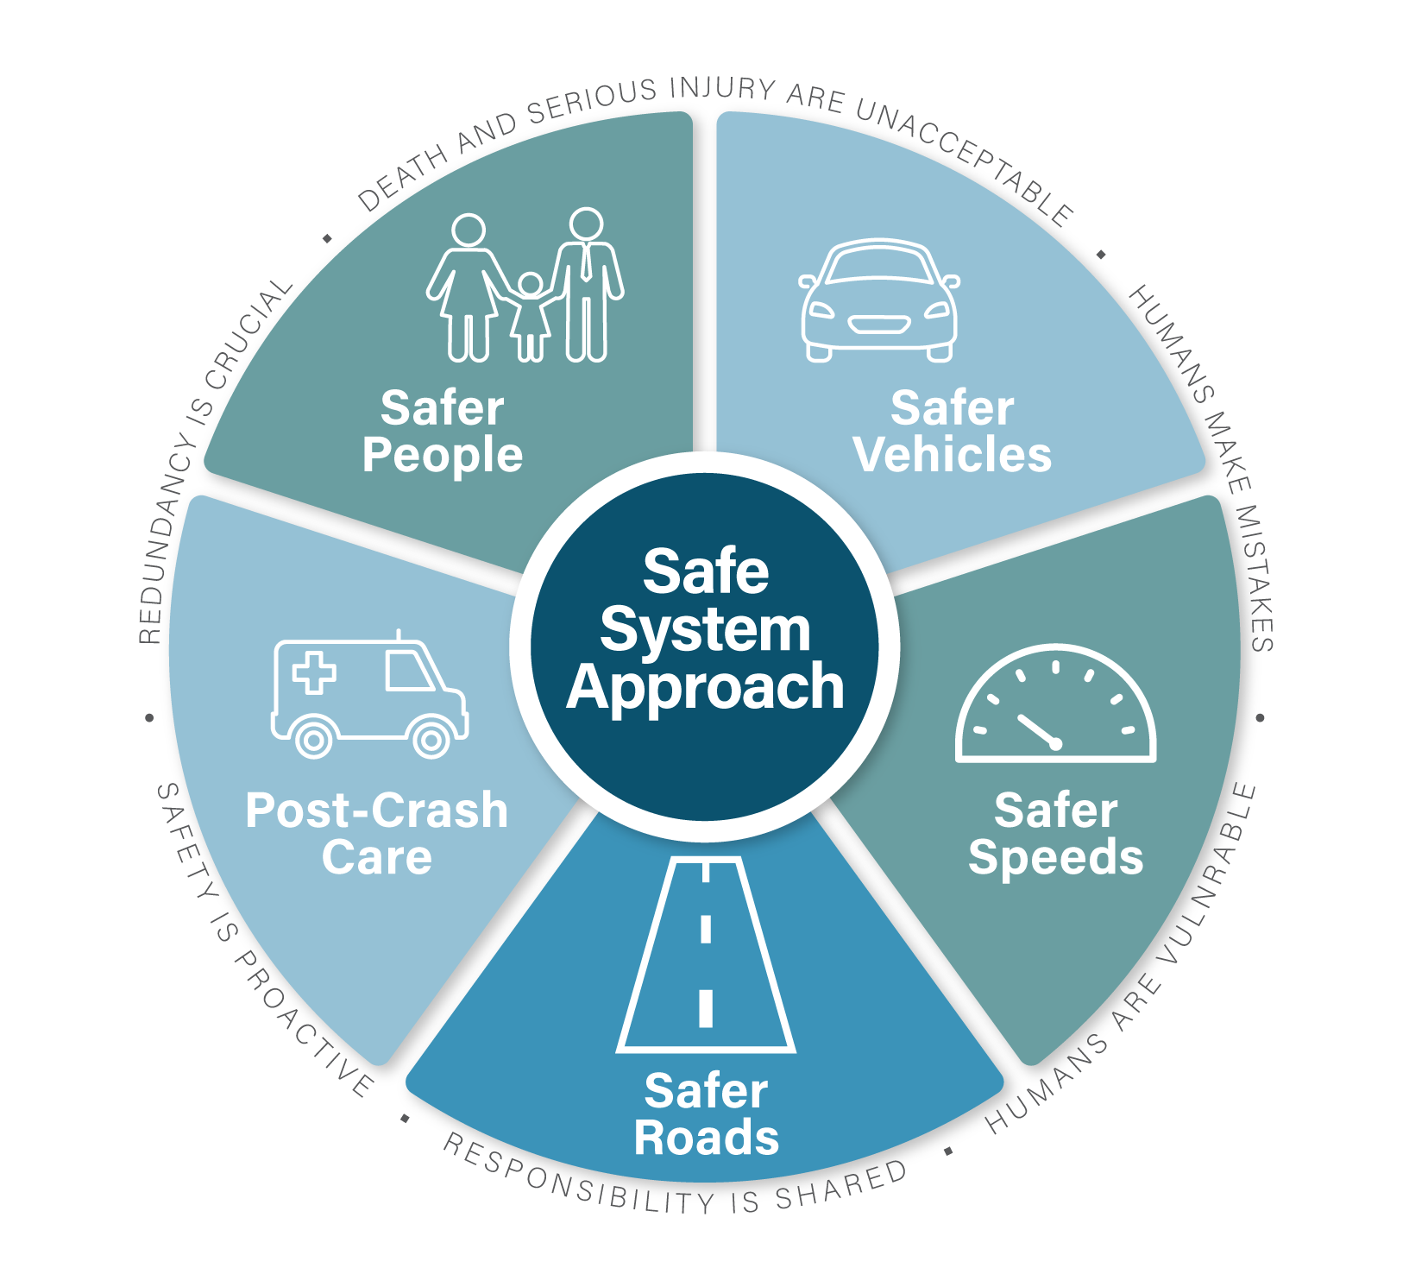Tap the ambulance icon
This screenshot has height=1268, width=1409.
[x=369, y=696]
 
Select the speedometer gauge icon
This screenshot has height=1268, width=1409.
[x=1055, y=704]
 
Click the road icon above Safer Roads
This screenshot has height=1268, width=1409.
[x=706, y=955]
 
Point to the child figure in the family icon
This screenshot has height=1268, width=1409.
[x=530, y=316]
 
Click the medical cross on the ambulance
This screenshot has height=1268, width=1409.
[x=314, y=672]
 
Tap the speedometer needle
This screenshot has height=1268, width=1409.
[x=1039, y=730]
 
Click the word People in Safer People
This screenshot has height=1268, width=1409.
[x=442, y=455]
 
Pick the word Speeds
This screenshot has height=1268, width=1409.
[x=1055, y=857]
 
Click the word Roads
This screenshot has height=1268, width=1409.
[x=706, y=1137]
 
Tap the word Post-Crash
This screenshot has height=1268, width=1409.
[x=376, y=811]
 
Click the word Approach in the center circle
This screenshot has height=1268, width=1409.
[x=706, y=688]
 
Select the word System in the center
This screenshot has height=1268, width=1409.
[x=706, y=630]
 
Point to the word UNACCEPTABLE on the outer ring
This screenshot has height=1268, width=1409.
[x=966, y=160]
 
